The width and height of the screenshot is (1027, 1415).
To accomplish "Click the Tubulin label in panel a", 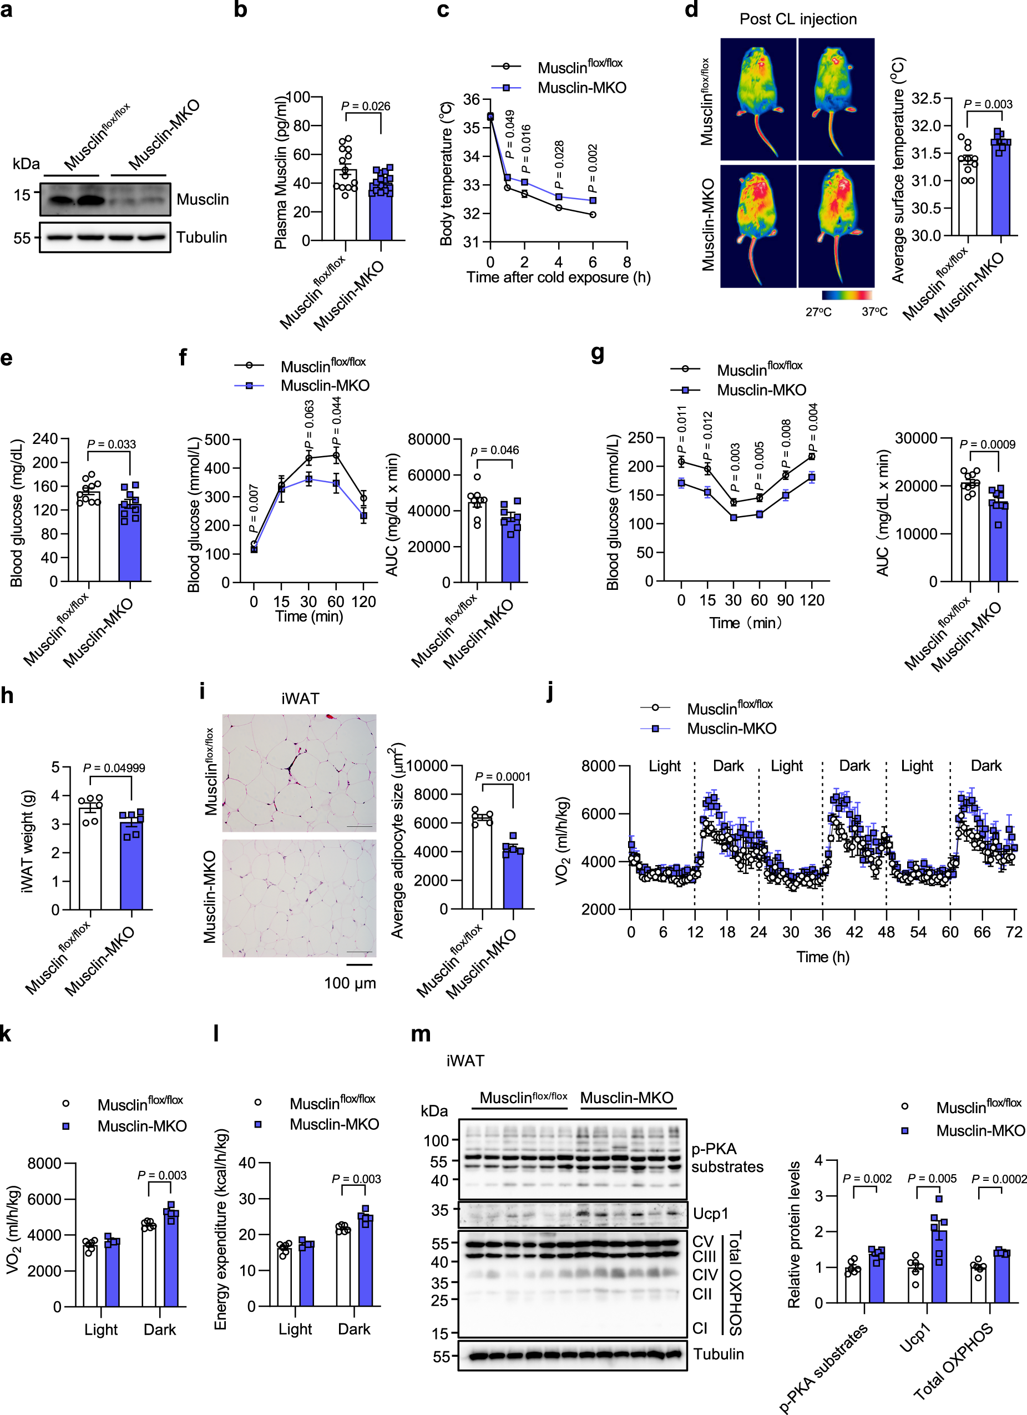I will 201,237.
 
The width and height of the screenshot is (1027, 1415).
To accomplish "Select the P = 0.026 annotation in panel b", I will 366,106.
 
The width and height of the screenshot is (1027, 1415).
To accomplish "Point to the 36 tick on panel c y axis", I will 471,99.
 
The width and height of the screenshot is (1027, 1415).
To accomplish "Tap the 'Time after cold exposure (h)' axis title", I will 558,277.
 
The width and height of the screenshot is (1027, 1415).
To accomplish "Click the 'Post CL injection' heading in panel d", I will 798,19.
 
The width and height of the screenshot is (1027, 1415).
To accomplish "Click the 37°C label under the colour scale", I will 874,311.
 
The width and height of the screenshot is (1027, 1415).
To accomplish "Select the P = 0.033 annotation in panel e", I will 111,444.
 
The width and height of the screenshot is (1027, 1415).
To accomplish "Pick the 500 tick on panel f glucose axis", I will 217,440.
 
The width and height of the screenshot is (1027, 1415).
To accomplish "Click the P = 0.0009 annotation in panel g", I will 987,444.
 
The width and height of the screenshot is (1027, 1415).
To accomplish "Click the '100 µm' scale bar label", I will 350,983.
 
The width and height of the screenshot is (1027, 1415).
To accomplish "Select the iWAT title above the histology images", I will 300,699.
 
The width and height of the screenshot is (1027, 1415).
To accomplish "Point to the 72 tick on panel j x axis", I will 1014,932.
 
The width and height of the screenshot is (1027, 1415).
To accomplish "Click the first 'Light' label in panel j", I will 665,766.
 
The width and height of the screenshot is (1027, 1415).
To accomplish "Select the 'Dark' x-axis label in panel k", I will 160,1330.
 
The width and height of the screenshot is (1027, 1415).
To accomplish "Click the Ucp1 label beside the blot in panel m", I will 711,1214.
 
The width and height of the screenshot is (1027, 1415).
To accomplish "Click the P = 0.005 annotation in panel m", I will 932,1179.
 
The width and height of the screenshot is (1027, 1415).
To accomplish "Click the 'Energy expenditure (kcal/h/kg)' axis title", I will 221,1229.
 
